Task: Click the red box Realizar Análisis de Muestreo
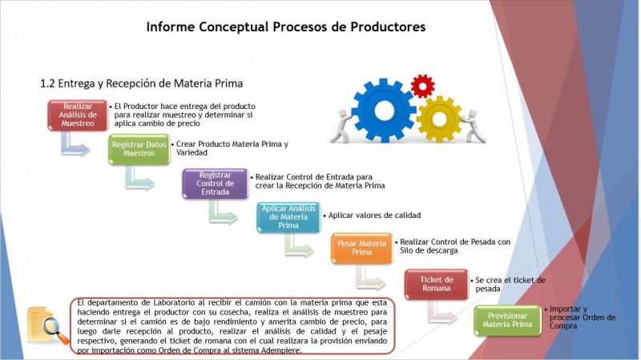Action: point(78,115)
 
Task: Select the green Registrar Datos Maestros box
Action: point(139,149)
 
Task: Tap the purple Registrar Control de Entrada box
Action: point(215,184)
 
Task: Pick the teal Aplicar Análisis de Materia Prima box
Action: point(288,217)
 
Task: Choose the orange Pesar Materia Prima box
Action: point(362,248)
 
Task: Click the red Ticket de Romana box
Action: point(436,284)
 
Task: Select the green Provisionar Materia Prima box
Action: point(507,321)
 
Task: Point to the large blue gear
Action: point(384,110)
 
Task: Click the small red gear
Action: point(422,87)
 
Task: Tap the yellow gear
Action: point(439,119)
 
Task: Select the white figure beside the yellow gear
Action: point(474,126)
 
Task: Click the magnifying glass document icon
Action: point(47,326)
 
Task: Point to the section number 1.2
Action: point(47,84)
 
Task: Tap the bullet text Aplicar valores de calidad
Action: point(374,216)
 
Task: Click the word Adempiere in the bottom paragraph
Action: point(281,350)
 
